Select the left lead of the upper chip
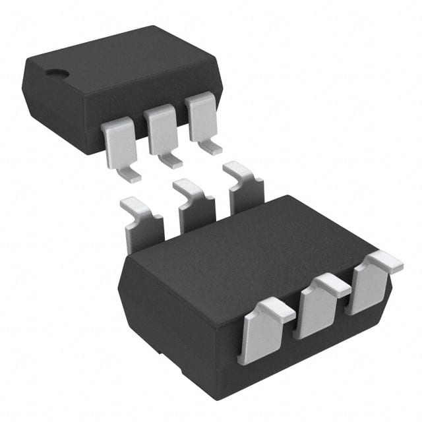click(117, 142)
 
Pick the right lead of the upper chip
click(202, 117)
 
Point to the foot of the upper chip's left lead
click(131, 176)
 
